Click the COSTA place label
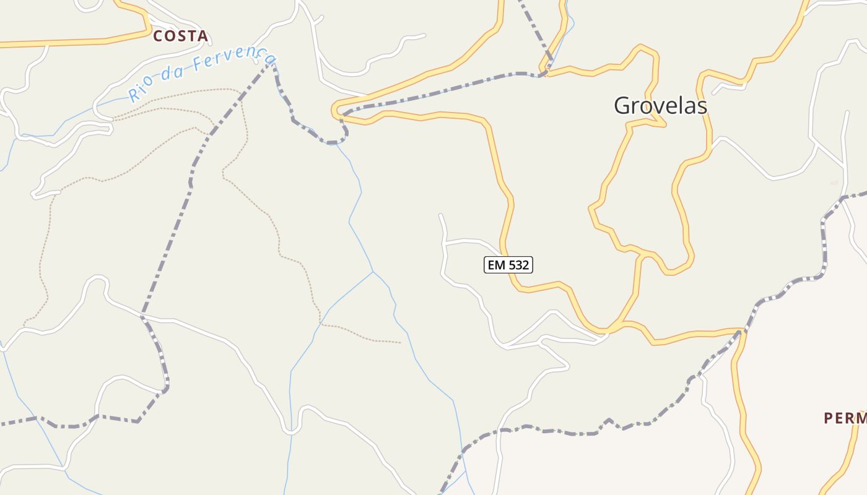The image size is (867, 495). pos(180,36)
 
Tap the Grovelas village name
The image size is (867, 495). pos(660,106)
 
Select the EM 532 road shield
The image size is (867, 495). pos(508,265)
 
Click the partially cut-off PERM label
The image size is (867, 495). pos(845,418)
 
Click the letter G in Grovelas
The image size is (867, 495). pos(622,106)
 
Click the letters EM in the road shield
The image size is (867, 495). pos(496,265)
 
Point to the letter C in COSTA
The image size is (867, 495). pos(158,36)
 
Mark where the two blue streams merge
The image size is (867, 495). pos(373,272)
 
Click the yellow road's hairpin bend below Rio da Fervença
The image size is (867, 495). pos(336,111)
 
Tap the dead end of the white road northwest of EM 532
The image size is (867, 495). pos(440,215)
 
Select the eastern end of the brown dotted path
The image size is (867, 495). pos(400,342)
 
